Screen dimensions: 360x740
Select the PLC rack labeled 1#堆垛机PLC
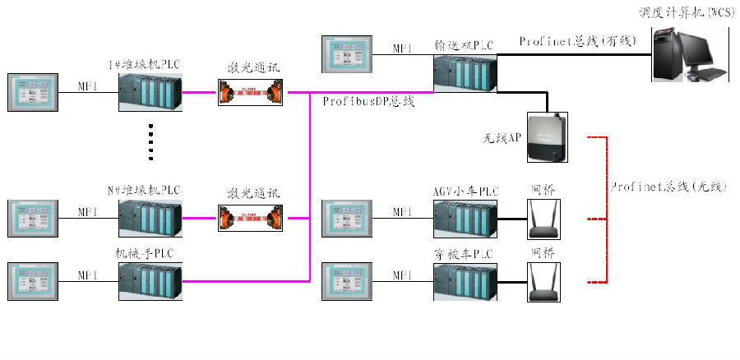149,93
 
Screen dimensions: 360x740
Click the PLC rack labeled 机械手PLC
149,281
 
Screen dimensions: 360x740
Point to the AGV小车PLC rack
465,219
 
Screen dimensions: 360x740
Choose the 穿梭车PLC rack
465,281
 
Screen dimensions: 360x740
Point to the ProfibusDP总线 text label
368,103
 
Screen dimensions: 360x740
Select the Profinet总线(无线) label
668,187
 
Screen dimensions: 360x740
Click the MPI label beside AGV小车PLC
402,211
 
